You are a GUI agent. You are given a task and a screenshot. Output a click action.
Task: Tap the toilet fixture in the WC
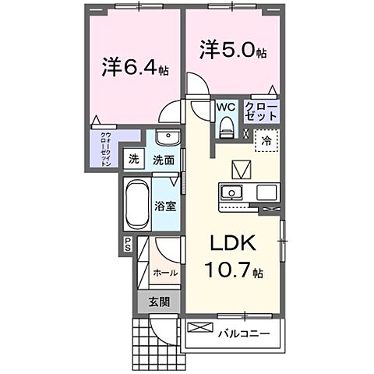coord(227,125)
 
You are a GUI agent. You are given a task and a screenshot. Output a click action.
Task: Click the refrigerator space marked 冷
coord(266,142)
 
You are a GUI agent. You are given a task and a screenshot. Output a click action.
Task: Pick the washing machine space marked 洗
coord(135,160)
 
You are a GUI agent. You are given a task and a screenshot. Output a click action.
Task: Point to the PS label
coord(128,245)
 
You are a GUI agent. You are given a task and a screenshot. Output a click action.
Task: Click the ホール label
coord(164,273)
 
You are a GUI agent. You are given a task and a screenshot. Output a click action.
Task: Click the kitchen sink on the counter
coord(232,193)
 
